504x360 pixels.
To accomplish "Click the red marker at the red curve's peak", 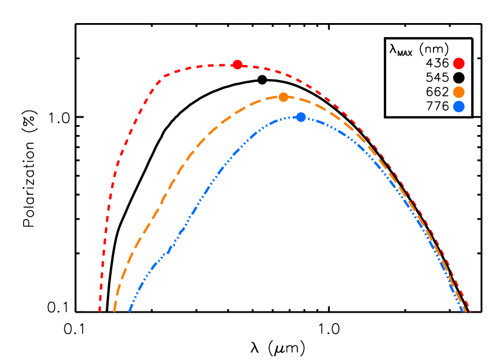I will [x=237, y=64].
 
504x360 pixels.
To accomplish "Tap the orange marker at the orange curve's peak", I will [x=284, y=97].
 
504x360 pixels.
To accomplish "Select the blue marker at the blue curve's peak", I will [x=301, y=117].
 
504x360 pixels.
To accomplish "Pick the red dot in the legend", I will [x=458, y=63].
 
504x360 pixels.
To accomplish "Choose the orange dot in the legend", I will [x=458, y=92].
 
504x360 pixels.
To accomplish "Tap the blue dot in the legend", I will [x=458, y=106].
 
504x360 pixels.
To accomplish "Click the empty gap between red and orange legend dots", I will [x=458, y=78].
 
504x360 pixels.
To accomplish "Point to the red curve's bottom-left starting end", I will [x=100, y=311].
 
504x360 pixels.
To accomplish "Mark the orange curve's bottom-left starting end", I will [x=114, y=310].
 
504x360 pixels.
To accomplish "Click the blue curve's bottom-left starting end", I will [x=130, y=310].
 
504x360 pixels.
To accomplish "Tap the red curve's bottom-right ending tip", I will [x=471, y=311].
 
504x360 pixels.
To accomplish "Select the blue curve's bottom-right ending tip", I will [x=463, y=310].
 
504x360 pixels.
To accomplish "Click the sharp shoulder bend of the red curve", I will [x=160, y=80].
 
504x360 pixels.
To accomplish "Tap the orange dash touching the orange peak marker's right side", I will [x=293, y=98].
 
